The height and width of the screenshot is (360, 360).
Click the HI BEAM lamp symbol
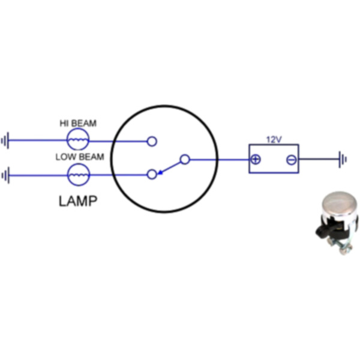(77, 140)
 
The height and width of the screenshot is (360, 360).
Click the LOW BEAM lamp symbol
(77, 175)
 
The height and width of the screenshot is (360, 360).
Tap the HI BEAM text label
(77, 124)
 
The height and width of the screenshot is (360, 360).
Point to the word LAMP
(78, 200)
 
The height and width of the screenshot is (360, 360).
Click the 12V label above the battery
(274, 139)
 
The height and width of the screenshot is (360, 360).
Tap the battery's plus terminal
(256, 160)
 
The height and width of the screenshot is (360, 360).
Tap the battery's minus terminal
(291, 160)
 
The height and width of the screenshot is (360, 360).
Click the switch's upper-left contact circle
(152, 142)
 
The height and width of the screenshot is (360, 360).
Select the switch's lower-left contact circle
(152, 174)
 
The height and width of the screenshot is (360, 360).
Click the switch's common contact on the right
(185, 160)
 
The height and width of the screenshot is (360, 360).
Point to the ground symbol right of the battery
(343, 160)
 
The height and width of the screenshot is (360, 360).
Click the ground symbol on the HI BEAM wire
(5, 142)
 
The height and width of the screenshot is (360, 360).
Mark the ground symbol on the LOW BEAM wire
(5, 176)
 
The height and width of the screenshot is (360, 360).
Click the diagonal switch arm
(169, 167)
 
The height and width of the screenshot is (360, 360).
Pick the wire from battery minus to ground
(318, 160)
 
